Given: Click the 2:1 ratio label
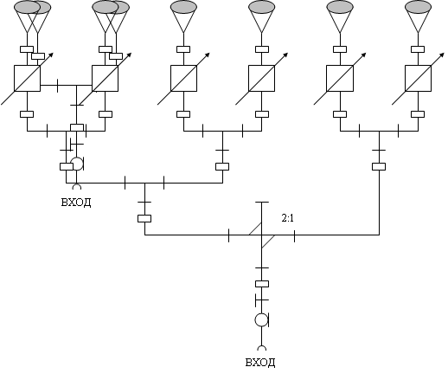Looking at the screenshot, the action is [x=288, y=218].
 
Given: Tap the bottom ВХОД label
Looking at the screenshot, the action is [x=260, y=363].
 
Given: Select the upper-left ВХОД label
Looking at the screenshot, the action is [x=76, y=203].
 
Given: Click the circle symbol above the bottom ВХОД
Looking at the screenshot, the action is [x=261, y=319].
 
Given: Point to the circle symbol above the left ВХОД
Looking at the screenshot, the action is [x=77, y=164].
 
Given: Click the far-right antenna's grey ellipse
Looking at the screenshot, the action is [x=418, y=7].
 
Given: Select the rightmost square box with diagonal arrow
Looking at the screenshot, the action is [x=418, y=78].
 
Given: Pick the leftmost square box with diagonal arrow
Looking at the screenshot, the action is [x=27, y=78].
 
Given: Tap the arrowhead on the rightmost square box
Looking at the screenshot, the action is [x=442, y=55].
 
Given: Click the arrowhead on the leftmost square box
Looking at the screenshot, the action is [x=51, y=55].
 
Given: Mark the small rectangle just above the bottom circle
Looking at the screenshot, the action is [x=262, y=284].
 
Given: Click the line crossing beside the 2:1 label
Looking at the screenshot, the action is [x=262, y=235].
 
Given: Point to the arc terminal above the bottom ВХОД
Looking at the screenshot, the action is [x=262, y=348].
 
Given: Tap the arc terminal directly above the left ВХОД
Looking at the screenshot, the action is [x=77, y=187].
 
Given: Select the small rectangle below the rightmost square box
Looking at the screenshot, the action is [x=418, y=114].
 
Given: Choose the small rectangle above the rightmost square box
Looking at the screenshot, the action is [x=418, y=49].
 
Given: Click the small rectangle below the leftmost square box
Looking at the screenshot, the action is [x=27, y=114].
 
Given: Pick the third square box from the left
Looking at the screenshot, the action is [x=183, y=78].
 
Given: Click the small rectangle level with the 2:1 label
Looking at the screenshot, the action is [x=144, y=218].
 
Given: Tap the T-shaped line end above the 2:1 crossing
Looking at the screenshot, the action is [x=262, y=203].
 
